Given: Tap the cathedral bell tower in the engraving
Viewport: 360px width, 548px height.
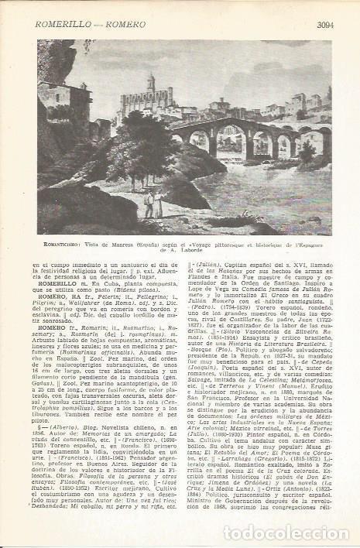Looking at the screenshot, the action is [151, 85].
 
